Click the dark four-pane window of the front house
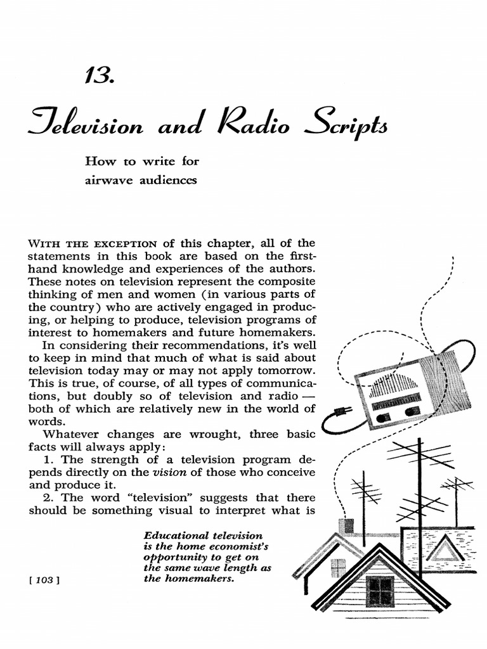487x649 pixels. point(380,591)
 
